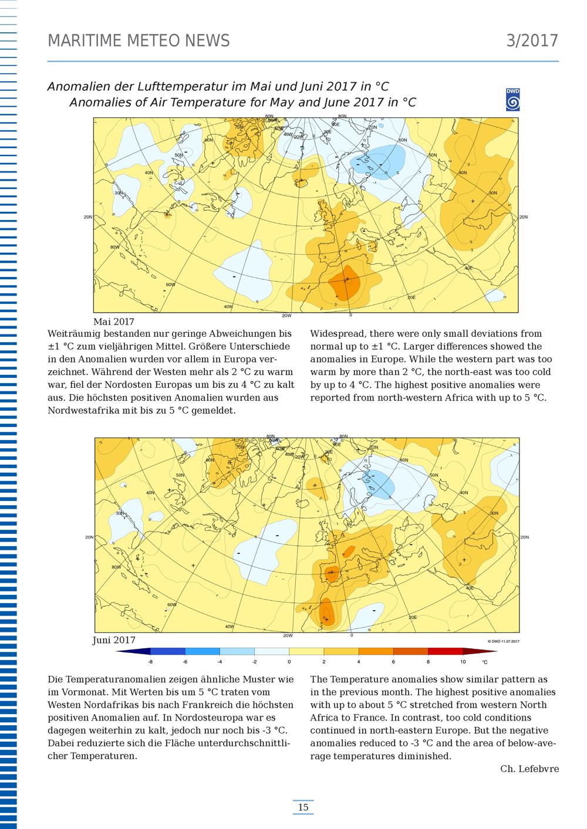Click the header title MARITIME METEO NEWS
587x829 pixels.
tap(139, 40)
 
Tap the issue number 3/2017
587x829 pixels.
tap(532, 40)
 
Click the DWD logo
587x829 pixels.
tap(512, 100)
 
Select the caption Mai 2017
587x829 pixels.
tap(114, 322)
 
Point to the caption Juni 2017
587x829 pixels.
tap(114, 640)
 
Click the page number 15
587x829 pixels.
tap(303, 807)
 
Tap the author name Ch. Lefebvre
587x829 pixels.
tap(529, 769)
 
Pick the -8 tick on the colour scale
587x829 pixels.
tap(151, 662)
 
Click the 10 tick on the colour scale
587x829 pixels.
tap(463, 662)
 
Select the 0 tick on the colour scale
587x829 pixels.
tap(289, 662)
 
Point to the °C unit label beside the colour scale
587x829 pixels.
tap(484, 662)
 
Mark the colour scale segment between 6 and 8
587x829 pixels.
tap(410, 651)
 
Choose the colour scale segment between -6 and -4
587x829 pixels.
tap(203, 651)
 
